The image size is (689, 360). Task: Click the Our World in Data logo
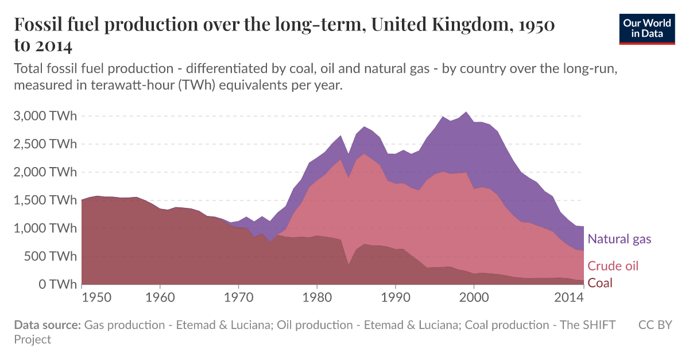647,28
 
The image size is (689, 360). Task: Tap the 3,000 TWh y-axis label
45,116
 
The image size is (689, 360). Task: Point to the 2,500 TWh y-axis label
45,144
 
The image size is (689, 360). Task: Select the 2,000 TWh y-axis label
45,172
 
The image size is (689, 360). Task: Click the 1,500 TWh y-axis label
45,200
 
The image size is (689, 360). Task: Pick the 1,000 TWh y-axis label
45,229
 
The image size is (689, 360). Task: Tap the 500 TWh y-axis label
50,256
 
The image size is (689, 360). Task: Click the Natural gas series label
620,239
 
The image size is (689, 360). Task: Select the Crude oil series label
613,266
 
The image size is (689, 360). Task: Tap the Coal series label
600,282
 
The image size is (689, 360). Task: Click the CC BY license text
655,325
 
